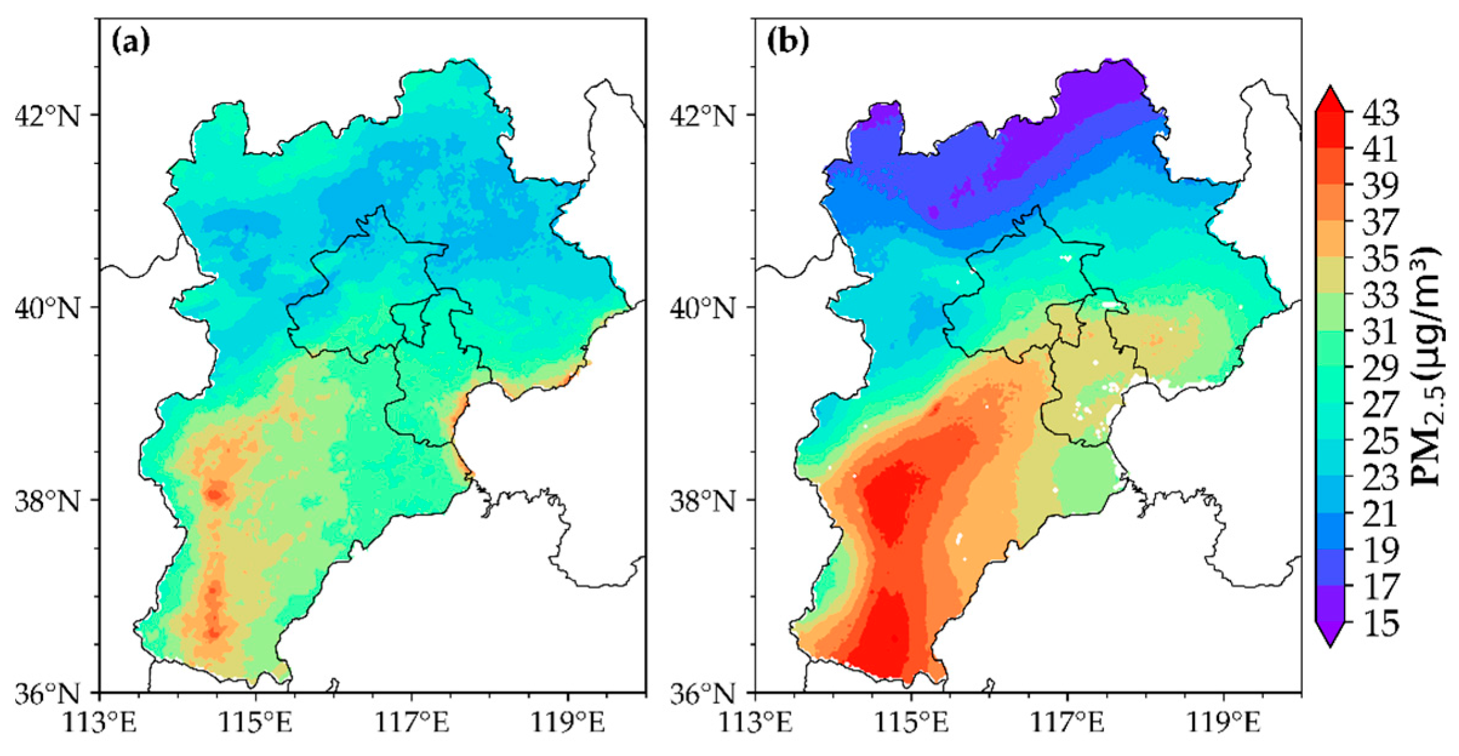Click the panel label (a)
click(x=130, y=42)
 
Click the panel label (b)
click(x=786, y=42)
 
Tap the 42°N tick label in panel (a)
click(x=47, y=115)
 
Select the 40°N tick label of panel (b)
click(x=703, y=308)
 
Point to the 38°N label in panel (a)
click(x=47, y=500)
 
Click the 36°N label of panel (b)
click(x=703, y=693)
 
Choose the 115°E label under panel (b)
click(x=912, y=723)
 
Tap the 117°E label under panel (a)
click(x=412, y=723)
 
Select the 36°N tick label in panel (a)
click(x=47, y=693)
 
